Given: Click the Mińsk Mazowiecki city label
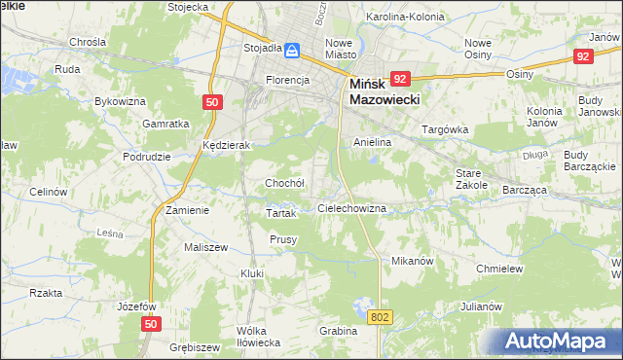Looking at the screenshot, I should pyautogui.click(x=384, y=91).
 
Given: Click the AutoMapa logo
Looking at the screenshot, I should pyautogui.click(x=561, y=341).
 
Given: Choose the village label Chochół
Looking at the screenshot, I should pyautogui.click(x=285, y=183).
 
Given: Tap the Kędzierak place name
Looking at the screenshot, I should pyautogui.click(x=227, y=144).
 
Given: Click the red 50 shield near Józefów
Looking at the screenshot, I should pyautogui.click(x=149, y=323).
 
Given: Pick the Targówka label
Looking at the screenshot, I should pyautogui.click(x=445, y=128).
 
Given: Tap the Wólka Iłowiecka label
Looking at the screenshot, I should pyautogui.click(x=258, y=337).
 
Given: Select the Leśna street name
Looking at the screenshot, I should pyautogui.click(x=110, y=233).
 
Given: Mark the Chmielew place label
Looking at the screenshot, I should pyautogui.click(x=500, y=269).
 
